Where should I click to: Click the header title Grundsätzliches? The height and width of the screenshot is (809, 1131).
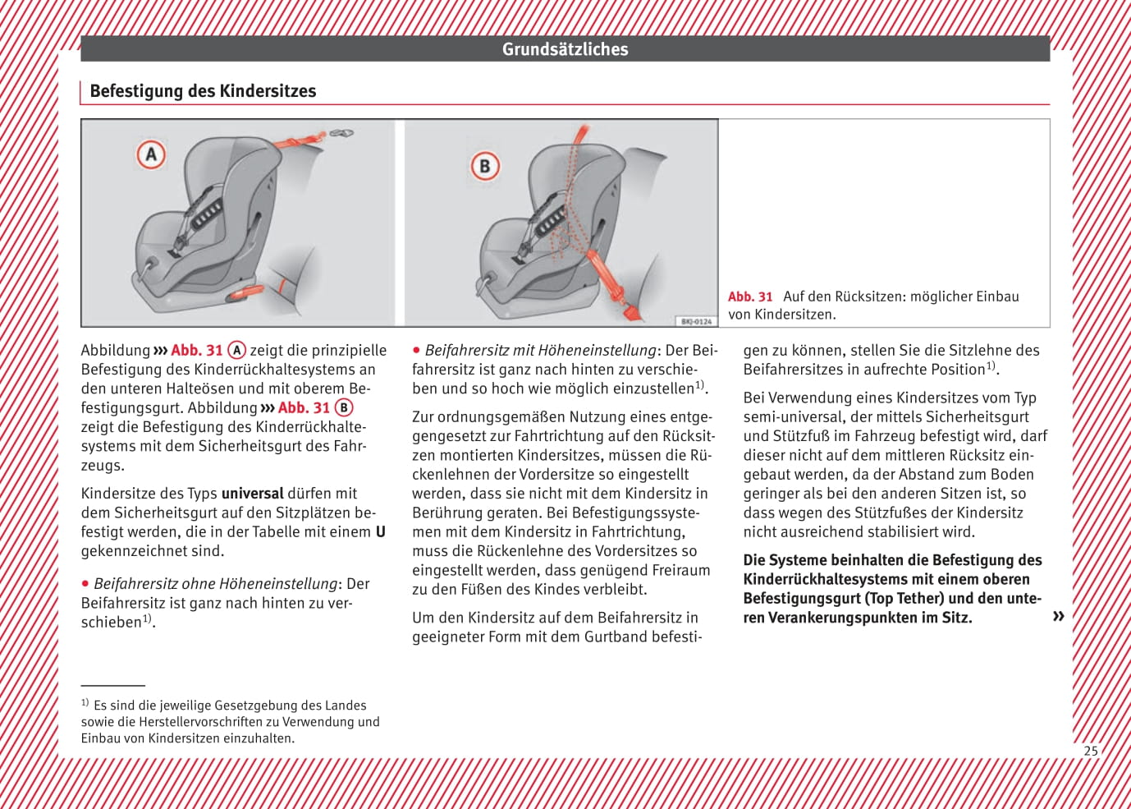click(565, 49)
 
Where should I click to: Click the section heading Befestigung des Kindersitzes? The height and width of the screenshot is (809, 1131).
click(203, 91)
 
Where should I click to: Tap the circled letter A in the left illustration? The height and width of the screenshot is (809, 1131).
click(151, 154)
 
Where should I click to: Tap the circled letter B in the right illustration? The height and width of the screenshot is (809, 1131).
click(484, 167)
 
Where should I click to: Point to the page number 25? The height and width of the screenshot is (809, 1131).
click(1090, 751)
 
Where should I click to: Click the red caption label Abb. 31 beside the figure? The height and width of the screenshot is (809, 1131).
click(750, 296)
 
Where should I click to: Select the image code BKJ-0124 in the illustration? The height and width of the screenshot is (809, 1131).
click(696, 321)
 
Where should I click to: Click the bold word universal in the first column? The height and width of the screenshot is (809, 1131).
click(252, 494)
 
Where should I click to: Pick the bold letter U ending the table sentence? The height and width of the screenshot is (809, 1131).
click(380, 532)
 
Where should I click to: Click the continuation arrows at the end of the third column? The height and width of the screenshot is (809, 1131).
click(1058, 616)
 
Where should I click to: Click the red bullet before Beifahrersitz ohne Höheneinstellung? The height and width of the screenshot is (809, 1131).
click(85, 584)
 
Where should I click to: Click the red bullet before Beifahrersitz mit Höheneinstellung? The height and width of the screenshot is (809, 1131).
click(416, 351)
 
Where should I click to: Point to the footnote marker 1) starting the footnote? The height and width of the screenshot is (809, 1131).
click(85, 703)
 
